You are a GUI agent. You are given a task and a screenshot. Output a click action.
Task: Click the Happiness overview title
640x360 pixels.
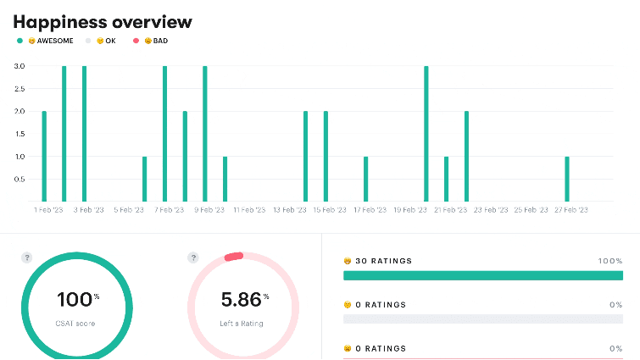click(x=103, y=22)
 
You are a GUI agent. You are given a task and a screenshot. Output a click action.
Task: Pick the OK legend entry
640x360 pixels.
click(x=106, y=40)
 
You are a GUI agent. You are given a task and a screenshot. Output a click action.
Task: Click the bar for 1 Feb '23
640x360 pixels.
click(x=44, y=156)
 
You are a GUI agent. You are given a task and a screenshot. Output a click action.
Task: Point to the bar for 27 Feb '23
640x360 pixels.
click(x=567, y=179)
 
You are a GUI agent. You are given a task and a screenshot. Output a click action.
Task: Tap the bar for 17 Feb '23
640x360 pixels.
click(x=365, y=179)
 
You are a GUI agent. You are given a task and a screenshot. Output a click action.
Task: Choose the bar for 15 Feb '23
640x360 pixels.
click(x=326, y=156)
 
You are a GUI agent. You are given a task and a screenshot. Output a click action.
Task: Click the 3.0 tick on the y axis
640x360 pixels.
click(x=19, y=66)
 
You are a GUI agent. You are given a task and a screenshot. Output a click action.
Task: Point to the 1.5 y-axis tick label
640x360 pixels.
click(x=19, y=134)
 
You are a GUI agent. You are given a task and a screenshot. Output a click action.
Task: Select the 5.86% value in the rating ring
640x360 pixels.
click(x=242, y=299)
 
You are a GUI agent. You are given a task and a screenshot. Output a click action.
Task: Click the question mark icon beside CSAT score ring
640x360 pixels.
click(x=26, y=258)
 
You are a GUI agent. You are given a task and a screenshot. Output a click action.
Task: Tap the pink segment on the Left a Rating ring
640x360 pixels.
click(x=233, y=255)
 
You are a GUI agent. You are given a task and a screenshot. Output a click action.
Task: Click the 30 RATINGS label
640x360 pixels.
click(x=383, y=261)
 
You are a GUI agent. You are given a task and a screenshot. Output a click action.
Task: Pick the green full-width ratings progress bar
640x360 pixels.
click(x=482, y=275)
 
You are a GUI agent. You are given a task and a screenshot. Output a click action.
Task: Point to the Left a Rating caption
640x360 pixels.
click(x=243, y=324)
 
